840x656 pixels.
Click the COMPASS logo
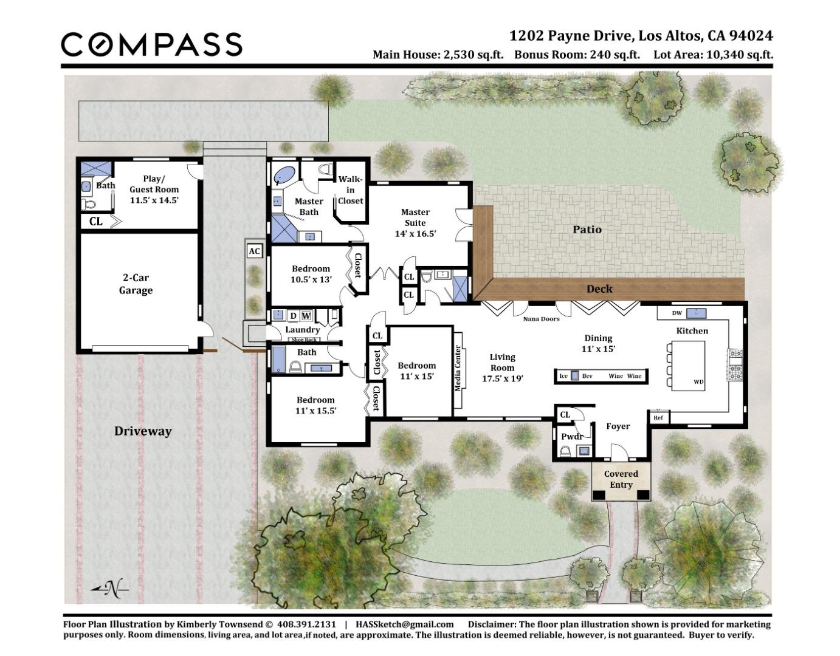(x=151, y=44)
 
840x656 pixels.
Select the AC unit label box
(x=254, y=251)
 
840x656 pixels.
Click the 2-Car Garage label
(x=136, y=284)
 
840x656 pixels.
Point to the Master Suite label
(x=415, y=222)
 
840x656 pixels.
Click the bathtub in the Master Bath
(x=283, y=175)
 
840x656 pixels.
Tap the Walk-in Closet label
(x=350, y=190)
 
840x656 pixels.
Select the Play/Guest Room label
(x=154, y=189)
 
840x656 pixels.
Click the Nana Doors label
(x=541, y=319)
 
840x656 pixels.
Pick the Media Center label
(x=458, y=367)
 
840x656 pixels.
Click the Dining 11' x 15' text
(x=598, y=343)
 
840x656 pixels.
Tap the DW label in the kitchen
(x=676, y=313)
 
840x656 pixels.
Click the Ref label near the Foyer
(x=658, y=418)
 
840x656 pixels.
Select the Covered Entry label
(x=621, y=479)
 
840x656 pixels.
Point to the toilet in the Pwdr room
(x=565, y=451)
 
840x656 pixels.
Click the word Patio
(x=587, y=229)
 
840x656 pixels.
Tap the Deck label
(x=599, y=289)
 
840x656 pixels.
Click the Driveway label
(x=143, y=431)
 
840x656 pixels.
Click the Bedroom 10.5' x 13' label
(x=311, y=274)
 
